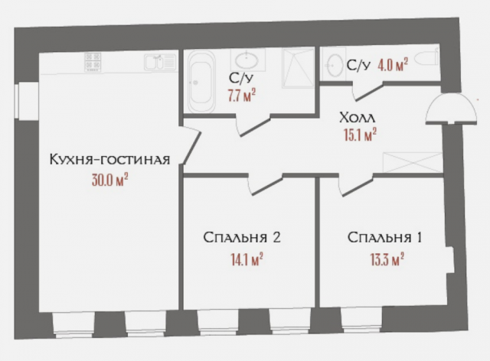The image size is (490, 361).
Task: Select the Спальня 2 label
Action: coord(242,238)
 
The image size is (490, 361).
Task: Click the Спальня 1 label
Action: coord(384,238)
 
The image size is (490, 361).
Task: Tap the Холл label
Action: coord(357,119)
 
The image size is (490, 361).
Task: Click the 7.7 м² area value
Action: coord(241,95)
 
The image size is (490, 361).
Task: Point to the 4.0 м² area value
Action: coord(390,66)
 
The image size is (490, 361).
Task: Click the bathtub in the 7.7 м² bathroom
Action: coord(203,81)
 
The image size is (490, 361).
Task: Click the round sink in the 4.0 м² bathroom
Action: coord(335,64)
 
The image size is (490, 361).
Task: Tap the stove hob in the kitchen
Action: coord(94,62)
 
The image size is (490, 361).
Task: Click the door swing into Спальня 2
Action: coord(264,184)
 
